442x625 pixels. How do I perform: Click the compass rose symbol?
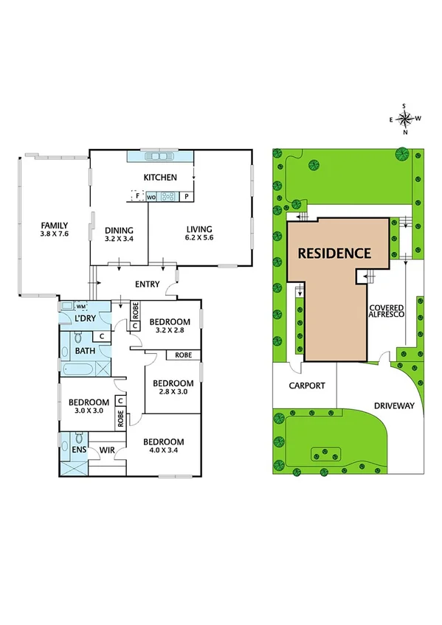pyautogui.click(x=405, y=119)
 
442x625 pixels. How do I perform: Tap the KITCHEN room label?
pyautogui.click(x=159, y=177)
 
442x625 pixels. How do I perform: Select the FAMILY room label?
pyautogui.click(x=55, y=226)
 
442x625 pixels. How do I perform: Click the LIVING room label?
pyautogui.click(x=199, y=229)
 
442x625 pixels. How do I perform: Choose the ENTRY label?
pyautogui.click(x=148, y=284)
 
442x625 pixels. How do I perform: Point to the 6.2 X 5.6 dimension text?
pyautogui.click(x=199, y=239)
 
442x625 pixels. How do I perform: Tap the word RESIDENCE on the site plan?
pyautogui.click(x=334, y=254)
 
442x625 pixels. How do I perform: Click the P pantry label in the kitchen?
pyautogui.click(x=187, y=197)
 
